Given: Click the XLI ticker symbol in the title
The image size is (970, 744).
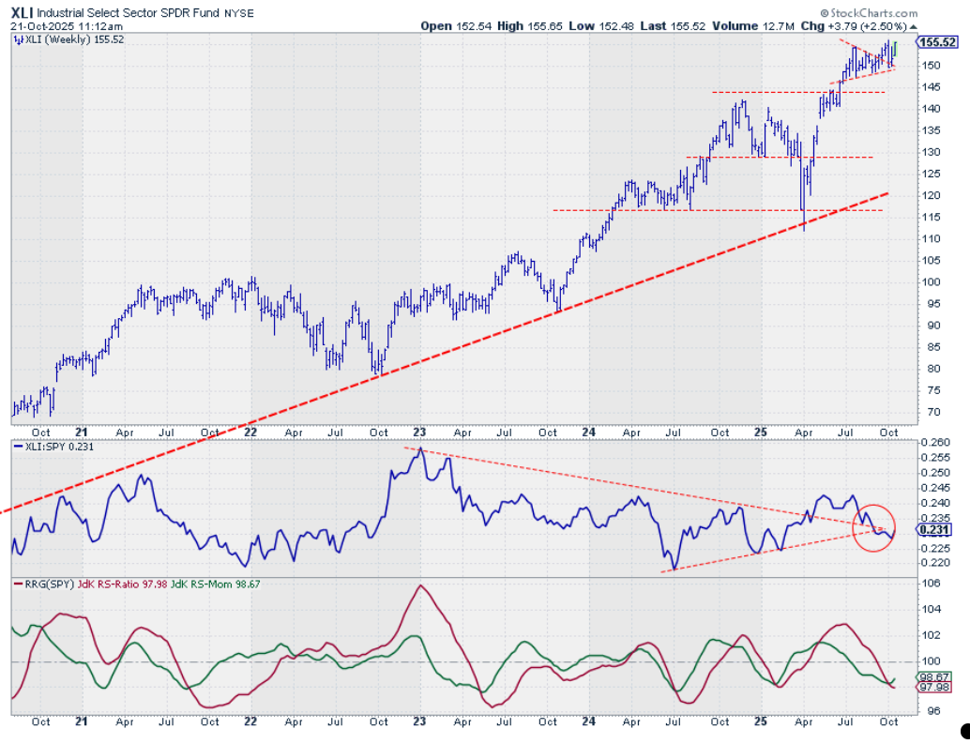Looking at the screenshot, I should tap(23, 13).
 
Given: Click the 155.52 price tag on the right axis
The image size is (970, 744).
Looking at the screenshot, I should tap(937, 42).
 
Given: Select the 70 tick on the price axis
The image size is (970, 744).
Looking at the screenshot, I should tap(928, 412).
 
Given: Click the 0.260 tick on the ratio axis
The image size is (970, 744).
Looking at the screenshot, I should tap(935, 442).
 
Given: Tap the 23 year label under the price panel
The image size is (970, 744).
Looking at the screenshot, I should tap(420, 433).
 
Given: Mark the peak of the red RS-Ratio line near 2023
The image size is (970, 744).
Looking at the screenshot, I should tap(419, 585).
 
